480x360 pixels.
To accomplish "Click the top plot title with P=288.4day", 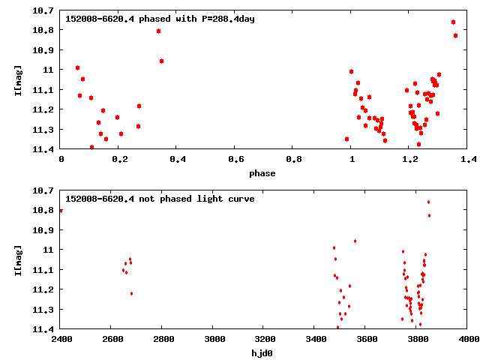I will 160,18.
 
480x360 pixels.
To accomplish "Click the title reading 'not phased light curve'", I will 160,199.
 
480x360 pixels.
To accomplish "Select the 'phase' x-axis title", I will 262,173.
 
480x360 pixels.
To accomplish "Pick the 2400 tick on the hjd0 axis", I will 61,339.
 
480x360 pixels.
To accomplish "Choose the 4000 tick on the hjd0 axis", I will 468,339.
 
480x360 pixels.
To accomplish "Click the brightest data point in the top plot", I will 453,22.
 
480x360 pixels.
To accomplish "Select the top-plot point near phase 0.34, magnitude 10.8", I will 158,31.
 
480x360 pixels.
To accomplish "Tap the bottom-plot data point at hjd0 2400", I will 61,211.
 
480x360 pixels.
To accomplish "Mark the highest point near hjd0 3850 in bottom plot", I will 428,202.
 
